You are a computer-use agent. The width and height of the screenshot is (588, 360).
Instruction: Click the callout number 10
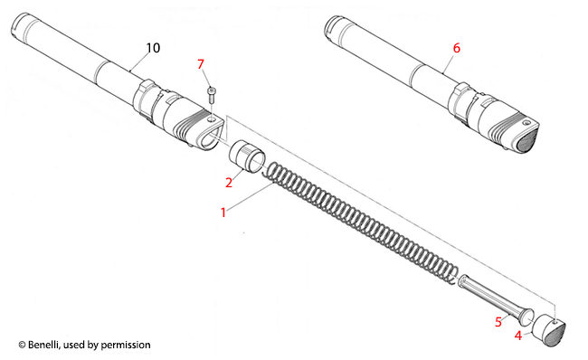coord(153,48)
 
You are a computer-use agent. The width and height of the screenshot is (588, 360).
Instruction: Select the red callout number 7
coord(201,64)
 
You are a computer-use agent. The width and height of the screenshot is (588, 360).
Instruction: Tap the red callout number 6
coord(456,48)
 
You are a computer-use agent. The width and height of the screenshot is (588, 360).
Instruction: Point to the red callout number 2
coord(229,183)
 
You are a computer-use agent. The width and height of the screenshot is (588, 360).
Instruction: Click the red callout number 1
coord(223,213)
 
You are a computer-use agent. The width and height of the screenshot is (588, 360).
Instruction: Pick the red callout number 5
coord(498,322)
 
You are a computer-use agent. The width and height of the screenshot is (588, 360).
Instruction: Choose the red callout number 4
coord(518,336)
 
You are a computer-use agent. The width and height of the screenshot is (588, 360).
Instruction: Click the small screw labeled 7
coord(212,96)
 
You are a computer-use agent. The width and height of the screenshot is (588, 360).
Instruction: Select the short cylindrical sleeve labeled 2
coord(247,156)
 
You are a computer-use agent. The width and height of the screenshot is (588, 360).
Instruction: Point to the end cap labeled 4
coord(548,331)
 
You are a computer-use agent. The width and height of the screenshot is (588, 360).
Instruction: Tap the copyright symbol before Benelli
coord(22,345)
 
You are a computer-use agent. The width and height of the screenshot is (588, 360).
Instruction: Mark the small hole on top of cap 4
coord(555,320)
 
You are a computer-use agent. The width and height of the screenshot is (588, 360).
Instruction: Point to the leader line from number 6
coord(449,63)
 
